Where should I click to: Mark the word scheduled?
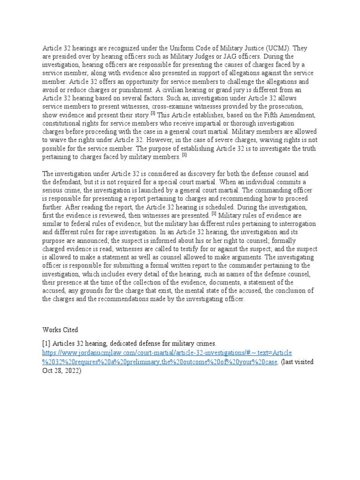click(x=216, y=206)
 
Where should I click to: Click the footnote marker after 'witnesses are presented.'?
click(x=214, y=213)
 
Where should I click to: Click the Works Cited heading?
click(x=60, y=330)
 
